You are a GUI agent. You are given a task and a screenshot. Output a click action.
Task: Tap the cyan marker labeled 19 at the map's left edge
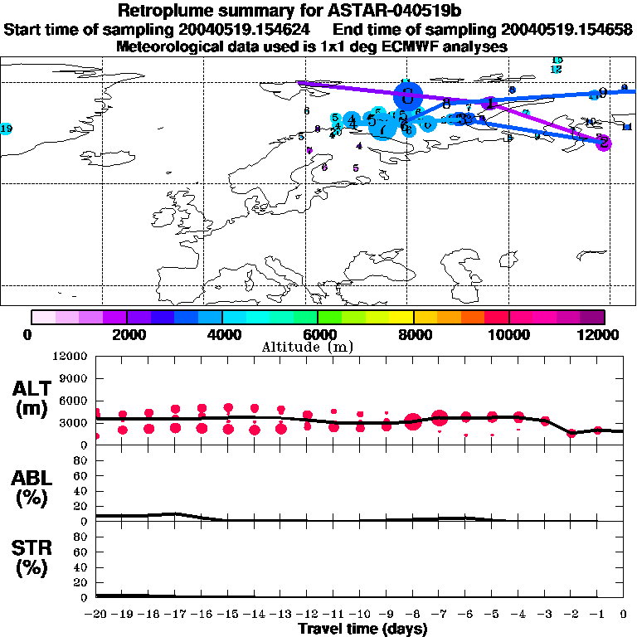[6, 129]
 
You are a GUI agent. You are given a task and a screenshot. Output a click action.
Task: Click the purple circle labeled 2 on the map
[605, 142]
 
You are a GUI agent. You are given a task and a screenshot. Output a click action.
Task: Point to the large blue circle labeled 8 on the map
[407, 94]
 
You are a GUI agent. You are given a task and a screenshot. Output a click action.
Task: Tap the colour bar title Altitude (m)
[308, 346]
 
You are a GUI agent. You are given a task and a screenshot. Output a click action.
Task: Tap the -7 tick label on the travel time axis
[440, 614]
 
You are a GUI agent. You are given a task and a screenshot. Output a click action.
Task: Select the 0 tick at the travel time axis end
[624, 614]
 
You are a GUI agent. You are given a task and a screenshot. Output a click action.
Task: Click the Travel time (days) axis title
[362, 629]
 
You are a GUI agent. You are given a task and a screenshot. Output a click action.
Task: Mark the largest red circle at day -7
[440, 418]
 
